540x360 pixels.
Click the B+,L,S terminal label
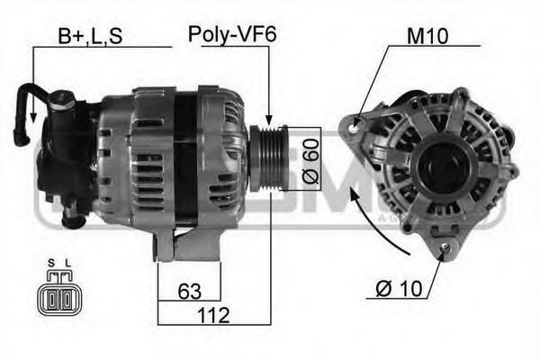[x=90, y=35]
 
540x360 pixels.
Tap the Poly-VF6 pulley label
[x=232, y=35]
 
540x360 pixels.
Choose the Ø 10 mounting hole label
[x=399, y=290]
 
